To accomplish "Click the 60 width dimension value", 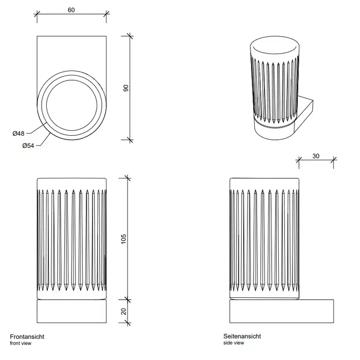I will pyautogui.click(x=71, y=9).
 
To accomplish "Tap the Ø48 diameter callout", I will pyautogui.click(x=19, y=134).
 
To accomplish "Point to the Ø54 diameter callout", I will pyautogui.click(x=28, y=146).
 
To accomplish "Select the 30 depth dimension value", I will pyautogui.click(x=316, y=156).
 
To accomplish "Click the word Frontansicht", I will pyautogui.click(x=27, y=336).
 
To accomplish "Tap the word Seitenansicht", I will pyautogui.click(x=242, y=336).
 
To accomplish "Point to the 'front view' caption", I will pyautogui.click(x=20, y=343).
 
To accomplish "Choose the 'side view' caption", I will pyautogui.click(x=234, y=343).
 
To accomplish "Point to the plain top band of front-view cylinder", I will pyautogui.click(x=72, y=184).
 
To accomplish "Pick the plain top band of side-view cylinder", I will pyautogui.click(x=264, y=184).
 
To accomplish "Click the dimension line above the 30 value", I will pyautogui.click(x=316, y=161).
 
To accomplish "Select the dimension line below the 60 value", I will pyautogui.click(x=71, y=15).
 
